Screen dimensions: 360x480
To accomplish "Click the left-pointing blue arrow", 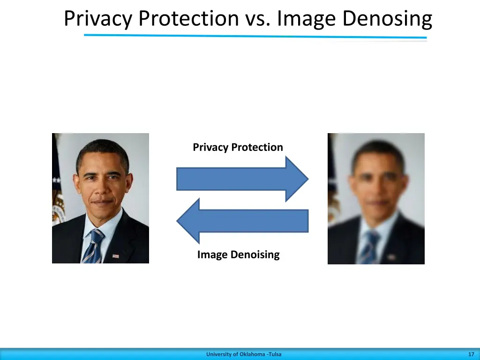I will click(x=242, y=221).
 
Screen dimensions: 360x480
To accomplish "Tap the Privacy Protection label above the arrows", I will click(x=238, y=147).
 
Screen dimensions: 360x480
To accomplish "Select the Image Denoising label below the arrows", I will click(x=238, y=255).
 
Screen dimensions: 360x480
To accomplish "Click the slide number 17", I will click(x=471, y=354).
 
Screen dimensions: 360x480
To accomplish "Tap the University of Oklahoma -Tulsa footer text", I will click(x=244, y=354).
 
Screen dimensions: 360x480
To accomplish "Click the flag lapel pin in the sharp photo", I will click(x=116, y=256).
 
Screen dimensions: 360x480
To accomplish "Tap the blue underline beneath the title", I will click(x=255, y=36).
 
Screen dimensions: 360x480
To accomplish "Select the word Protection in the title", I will click(x=188, y=20).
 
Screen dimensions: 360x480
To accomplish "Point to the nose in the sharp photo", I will click(x=101, y=187).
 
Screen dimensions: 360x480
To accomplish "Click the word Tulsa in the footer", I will click(x=275, y=354).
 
